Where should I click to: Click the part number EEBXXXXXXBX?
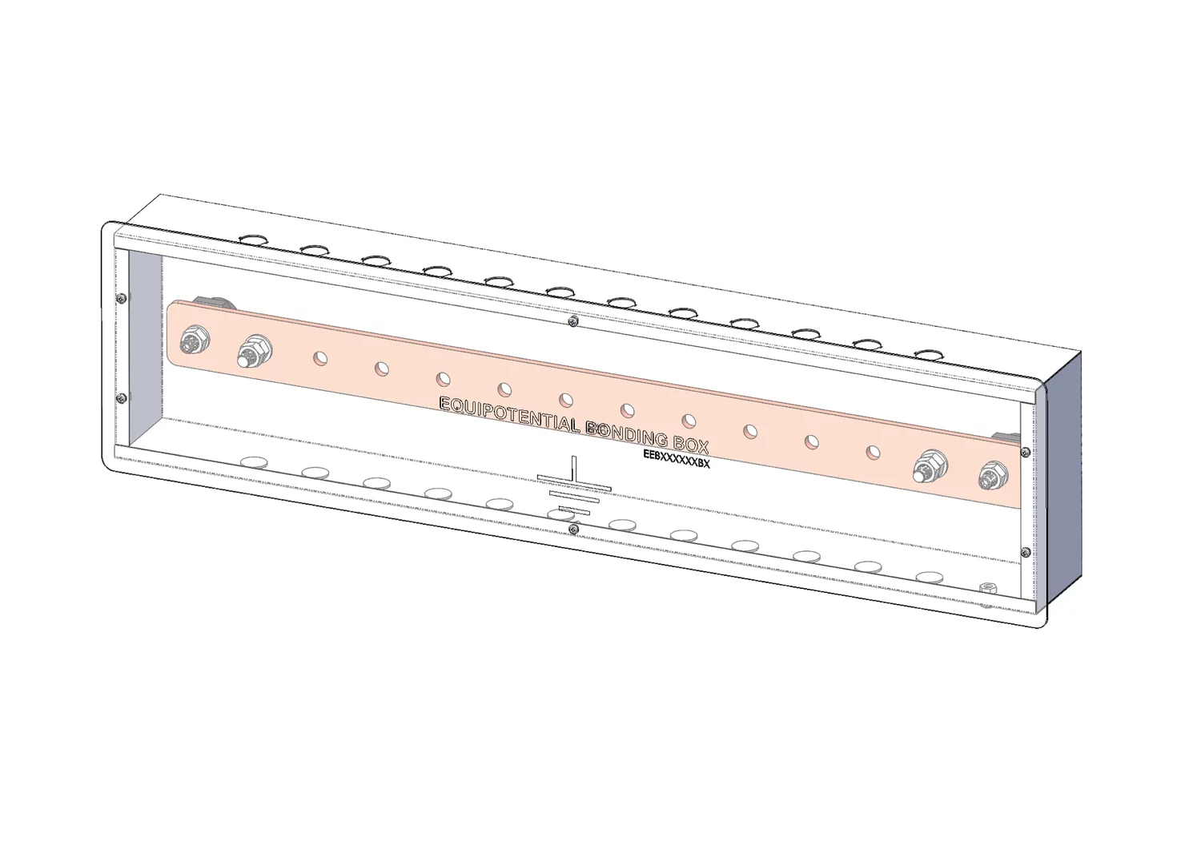677,458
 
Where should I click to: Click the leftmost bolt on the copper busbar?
196,340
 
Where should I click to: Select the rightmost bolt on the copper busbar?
993,476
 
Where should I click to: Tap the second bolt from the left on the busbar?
254,351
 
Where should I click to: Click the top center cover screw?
574,321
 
